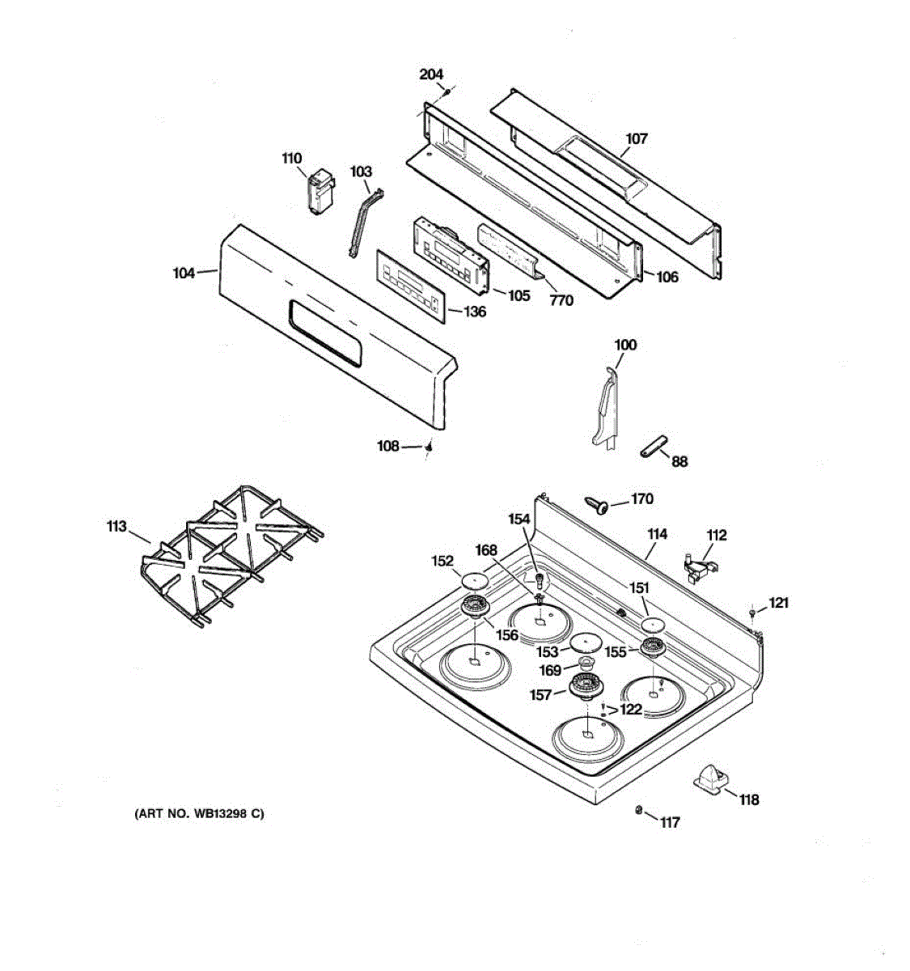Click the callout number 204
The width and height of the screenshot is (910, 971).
(x=431, y=74)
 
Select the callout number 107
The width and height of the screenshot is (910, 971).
(x=637, y=138)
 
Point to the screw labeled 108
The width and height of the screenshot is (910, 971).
(x=430, y=447)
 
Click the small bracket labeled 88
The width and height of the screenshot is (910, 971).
(x=653, y=446)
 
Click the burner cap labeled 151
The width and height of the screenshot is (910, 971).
(x=653, y=624)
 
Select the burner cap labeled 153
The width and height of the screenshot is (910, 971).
(x=585, y=643)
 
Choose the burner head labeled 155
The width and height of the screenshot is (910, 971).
(x=652, y=647)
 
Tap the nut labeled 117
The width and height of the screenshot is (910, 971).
(x=638, y=811)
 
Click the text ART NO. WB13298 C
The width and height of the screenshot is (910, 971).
(x=199, y=814)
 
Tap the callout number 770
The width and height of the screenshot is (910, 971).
(x=561, y=300)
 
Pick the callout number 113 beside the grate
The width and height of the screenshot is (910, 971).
(x=116, y=527)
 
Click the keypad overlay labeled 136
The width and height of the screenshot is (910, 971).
(x=410, y=285)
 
